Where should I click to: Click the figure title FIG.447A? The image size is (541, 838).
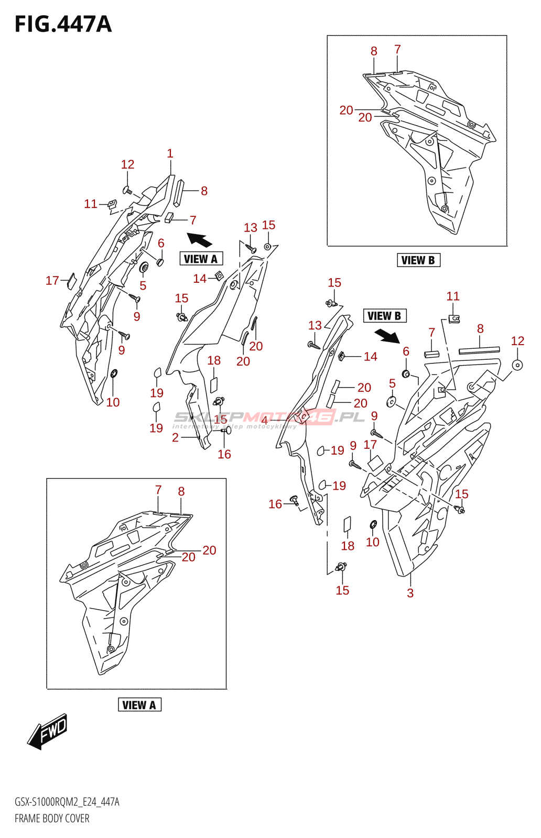click(x=63, y=25)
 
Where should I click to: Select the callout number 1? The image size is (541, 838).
click(x=170, y=153)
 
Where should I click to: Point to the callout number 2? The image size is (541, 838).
click(x=175, y=438)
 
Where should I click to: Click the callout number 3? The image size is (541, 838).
click(x=410, y=593)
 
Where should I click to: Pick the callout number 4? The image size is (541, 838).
click(x=265, y=421)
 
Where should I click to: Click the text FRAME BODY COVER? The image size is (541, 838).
click(x=52, y=818)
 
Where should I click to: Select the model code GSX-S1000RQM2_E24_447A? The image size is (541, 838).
click(x=67, y=802)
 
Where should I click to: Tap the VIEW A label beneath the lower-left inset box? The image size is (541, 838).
click(x=139, y=705)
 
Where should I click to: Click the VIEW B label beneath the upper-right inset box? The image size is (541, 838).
click(x=418, y=260)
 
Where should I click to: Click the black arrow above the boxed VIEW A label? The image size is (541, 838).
click(x=199, y=240)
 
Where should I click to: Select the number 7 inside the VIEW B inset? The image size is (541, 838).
click(x=397, y=49)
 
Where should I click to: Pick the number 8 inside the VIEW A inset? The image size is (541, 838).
click(x=181, y=491)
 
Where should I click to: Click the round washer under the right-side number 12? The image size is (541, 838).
click(x=517, y=365)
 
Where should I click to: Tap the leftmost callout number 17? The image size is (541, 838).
click(x=52, y=281)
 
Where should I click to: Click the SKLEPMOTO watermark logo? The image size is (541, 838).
click(x=268, y=417)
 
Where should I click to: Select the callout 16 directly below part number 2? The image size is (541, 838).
click(x=224, y=454)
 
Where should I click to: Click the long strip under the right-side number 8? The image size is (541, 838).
click(x=479, y=350)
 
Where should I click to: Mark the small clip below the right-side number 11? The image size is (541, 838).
click(x=454, y=317)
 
